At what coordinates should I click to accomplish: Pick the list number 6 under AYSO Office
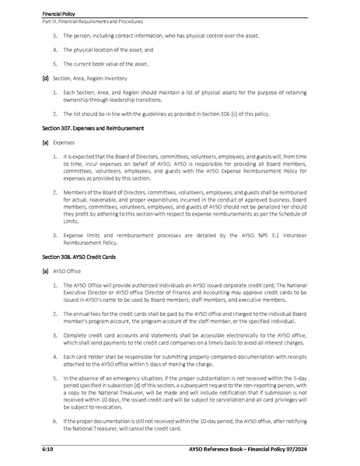pyautogui.click(x=55, y=420)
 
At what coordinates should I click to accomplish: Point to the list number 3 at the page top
pyautogui.click(x=55, y=36)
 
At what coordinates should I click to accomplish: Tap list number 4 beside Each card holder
pyautogui.click(x=55, y=355)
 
